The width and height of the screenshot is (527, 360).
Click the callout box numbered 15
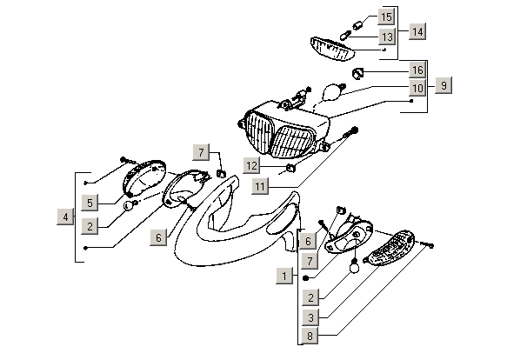[386, 17]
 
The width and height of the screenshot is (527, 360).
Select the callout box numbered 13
[386, 37]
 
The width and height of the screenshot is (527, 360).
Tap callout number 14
[417, 32]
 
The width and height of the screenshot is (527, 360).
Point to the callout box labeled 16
[417, 70]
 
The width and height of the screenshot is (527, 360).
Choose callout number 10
[417, 88]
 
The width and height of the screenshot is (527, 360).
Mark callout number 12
[250, 165]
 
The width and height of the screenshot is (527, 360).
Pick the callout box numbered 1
[284, 276]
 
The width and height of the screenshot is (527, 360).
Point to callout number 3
[309, 317]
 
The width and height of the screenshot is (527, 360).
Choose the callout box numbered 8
[309, 336]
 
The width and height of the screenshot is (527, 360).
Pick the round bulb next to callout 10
[330, 90]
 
